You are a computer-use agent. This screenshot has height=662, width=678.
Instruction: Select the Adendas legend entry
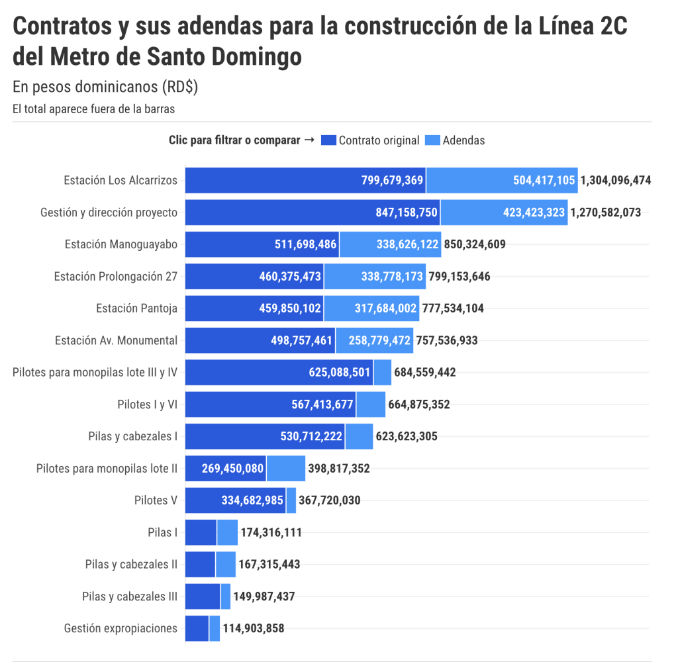point(463,140)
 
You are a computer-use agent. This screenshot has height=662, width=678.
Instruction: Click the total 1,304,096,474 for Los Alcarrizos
point(616,180)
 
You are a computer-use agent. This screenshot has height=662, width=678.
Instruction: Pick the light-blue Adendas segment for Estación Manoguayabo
point(390,244)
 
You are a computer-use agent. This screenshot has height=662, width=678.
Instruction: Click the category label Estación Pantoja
point(136,308)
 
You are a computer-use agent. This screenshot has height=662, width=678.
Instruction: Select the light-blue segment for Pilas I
point(227,532)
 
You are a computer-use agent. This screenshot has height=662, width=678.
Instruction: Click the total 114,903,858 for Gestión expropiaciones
point(253,628)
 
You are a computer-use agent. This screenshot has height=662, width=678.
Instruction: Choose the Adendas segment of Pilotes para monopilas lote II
point(285,469)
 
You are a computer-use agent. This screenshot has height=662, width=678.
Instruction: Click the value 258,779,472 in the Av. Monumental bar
point(375,340)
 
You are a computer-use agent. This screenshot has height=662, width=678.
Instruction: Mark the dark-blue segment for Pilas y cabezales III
point(202,596)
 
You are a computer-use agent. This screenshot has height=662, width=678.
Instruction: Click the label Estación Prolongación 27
point(115,277)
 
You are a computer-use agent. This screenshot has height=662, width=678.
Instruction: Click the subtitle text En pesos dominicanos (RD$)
point(105,87)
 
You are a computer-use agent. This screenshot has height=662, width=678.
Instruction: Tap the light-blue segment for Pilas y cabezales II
point(225,565)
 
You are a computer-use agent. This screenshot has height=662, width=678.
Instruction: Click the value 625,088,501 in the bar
point(339,373)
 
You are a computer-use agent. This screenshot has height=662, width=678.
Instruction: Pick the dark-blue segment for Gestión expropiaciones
point(197,628)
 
